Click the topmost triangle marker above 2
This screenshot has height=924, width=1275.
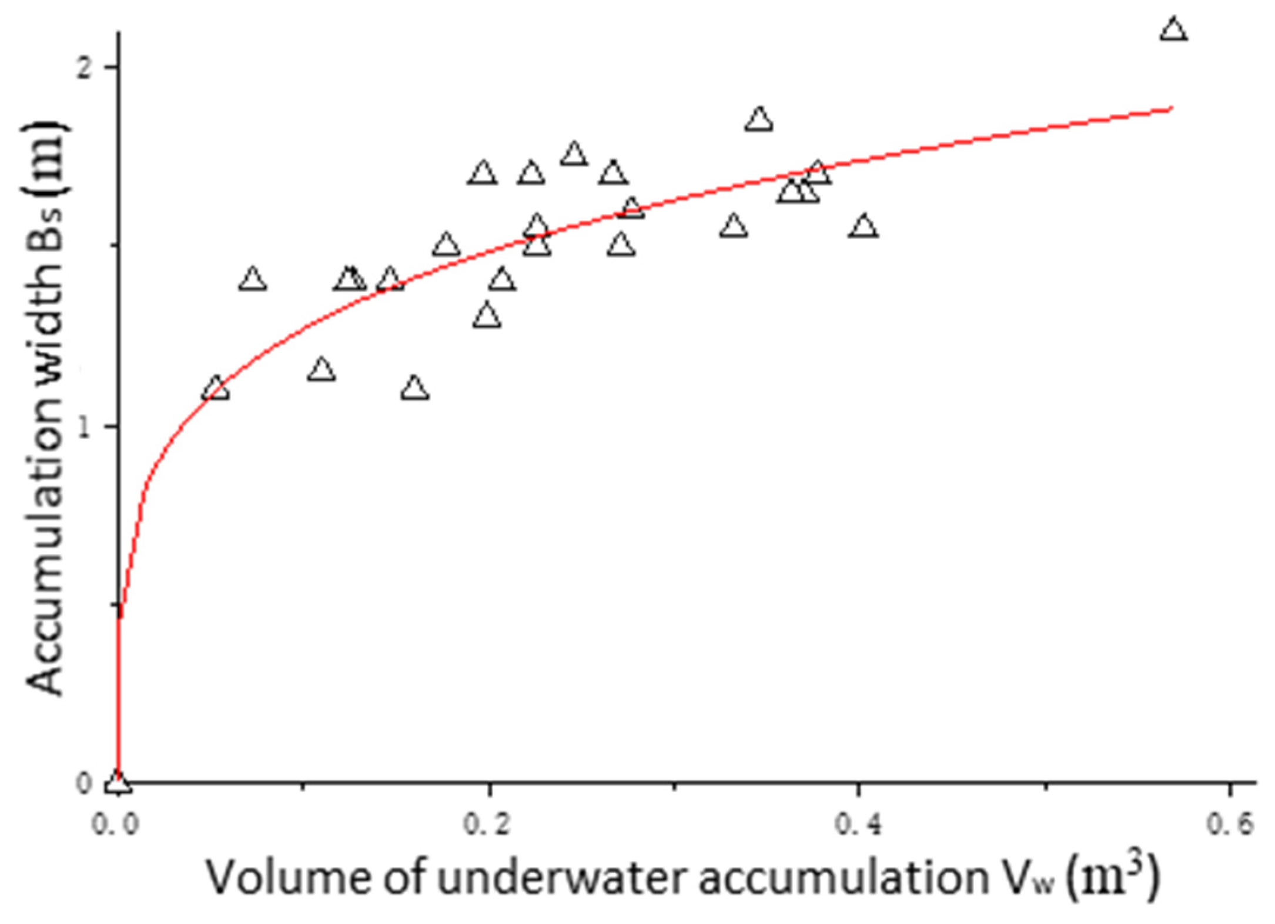[1173, 29]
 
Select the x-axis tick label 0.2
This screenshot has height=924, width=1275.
[487, 825]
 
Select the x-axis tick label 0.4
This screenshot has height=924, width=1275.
[859, 825]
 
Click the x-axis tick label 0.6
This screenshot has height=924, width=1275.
[1230, 825]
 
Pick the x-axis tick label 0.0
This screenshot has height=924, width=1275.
[116, 825]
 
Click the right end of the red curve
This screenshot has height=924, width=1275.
[1171, 108]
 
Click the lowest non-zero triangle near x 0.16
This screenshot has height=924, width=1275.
[415, 389]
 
